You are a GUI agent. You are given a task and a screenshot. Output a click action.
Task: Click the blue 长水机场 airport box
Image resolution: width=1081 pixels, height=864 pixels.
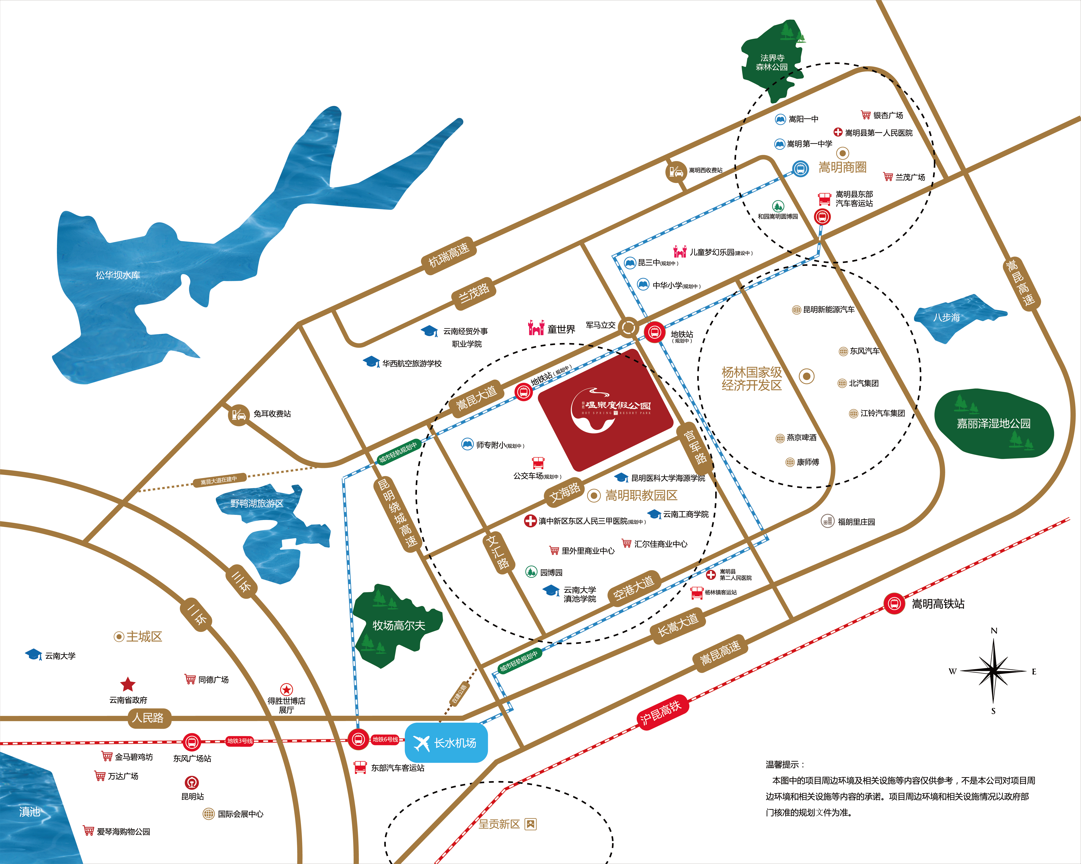point(446,743)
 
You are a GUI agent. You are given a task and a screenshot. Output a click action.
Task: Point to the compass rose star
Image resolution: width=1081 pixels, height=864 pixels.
point(993,671)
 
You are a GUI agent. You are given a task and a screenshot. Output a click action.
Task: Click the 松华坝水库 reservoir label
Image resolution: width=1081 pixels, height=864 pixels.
point(118,275)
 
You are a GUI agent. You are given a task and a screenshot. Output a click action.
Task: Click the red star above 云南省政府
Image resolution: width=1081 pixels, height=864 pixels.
point(128,684)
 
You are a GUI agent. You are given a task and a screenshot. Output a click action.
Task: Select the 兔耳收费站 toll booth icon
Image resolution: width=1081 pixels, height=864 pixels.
point(239,415)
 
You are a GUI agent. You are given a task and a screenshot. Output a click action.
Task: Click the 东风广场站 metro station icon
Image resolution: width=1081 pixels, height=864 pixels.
point(191,742)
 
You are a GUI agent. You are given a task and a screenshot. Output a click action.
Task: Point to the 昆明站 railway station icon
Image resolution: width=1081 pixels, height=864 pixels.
point(192,782)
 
